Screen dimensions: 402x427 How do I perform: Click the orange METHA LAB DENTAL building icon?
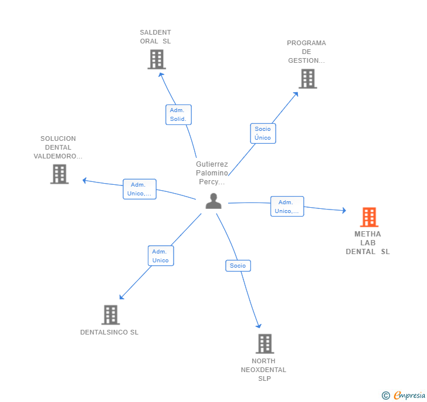(369, 217)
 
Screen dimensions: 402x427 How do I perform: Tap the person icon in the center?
(213, 201)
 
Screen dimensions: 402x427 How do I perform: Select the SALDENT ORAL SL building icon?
(156, 59)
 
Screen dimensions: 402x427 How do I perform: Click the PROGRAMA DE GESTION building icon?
(307, 79)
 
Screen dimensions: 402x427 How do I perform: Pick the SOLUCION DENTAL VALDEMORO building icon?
(59, 174)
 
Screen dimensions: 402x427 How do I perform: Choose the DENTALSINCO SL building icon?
(110, 315)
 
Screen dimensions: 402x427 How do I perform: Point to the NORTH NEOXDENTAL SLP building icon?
(265, 344)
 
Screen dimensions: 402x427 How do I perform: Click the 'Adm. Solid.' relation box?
(178, 114)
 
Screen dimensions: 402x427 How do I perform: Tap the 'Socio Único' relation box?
(263, 133)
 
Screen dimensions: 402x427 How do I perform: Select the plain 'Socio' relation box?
(238, 266)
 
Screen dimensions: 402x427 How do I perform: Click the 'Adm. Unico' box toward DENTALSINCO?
(160, 256)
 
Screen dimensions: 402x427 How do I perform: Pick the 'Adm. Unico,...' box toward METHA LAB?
(287, 207)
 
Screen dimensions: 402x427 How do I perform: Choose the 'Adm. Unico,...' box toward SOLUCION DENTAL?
(140, 189)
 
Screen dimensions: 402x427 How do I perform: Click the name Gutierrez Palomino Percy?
(212, 173)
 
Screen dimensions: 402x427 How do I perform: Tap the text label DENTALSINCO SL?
(109, 332)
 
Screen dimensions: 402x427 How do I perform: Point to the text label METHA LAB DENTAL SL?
(368, 243)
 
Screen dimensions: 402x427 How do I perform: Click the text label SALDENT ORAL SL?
(155, 37)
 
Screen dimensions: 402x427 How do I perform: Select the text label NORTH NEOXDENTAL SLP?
(263, 370)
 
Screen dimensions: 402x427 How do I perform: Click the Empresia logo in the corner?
(404, 396)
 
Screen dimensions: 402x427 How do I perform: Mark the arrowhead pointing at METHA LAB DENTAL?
(344, 211)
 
